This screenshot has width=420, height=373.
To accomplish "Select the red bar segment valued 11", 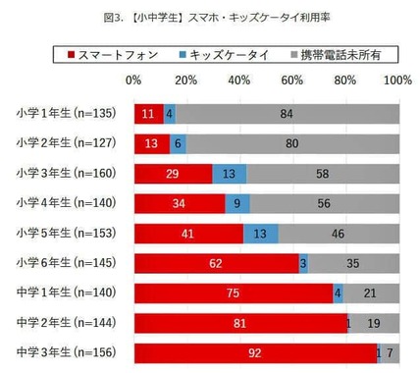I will click(x=148, y=113).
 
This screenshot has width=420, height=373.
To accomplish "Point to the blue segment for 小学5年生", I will click(x=260, y=235).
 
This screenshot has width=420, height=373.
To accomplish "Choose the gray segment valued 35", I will click(x=353, y=264).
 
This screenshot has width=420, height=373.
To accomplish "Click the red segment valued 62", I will click(x=216, y=264).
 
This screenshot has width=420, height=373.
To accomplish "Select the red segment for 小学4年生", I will click(x=179, y=204).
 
